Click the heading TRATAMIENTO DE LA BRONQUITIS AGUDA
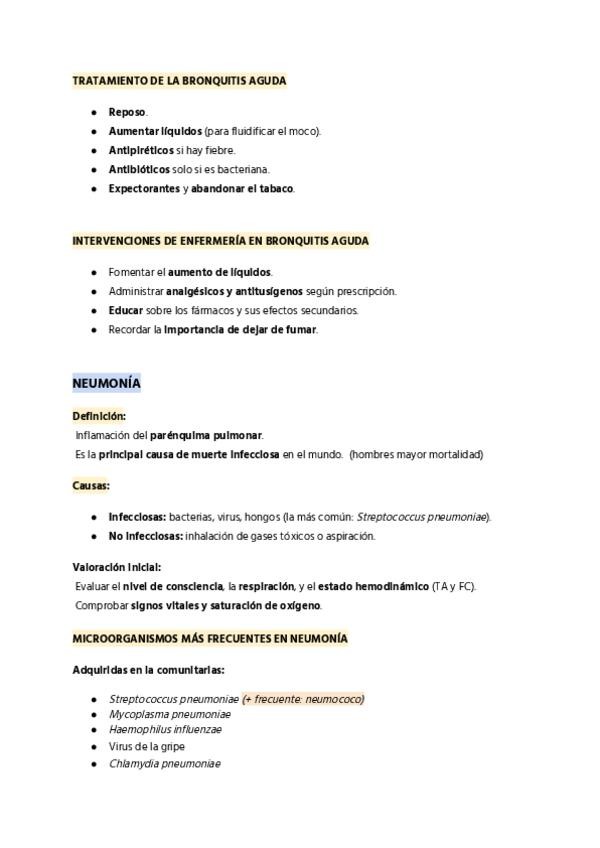pos(179,80)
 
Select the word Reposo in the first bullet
pos(127,112)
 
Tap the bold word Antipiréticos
pos(141,150)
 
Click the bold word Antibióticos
pos(139,169)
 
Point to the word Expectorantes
pos(144,188)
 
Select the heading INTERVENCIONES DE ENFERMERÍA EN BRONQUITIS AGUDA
pos(220,241)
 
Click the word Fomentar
pos(130,272)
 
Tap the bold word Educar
pos(125,310)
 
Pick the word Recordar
pos(130,329)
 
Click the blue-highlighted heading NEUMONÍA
pos(106,383)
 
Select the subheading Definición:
pos(99,415)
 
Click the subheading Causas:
pos(91,485)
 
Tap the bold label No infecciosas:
pos(144,536)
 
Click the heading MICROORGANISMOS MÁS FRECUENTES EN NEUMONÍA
pos(210,637)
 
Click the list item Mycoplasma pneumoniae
pos(169,715)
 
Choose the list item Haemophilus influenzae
pos(165,730)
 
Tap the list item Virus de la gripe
pos(147,747)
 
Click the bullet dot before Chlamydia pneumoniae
pos(93,764)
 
